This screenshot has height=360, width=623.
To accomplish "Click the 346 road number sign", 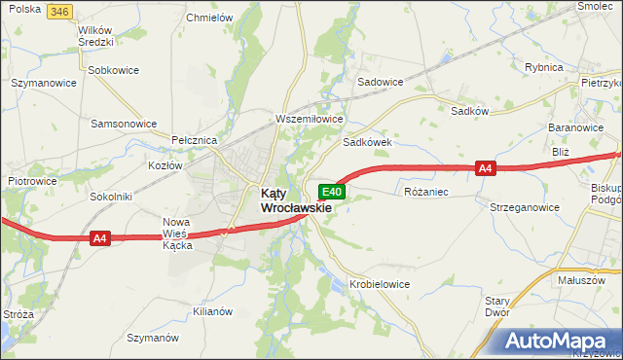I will pos(59,11).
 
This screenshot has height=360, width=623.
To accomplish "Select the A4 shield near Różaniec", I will pos(487,168).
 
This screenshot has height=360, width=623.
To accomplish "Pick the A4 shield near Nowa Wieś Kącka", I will pos(100,238).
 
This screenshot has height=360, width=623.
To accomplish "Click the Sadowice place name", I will pos(381,82).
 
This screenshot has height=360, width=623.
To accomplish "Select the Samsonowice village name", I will pos(124,125).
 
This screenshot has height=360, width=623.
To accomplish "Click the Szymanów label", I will pos(154,337).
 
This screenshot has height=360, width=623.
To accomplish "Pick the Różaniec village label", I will pos(426,192).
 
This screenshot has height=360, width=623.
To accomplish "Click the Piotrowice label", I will pos(32,181).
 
